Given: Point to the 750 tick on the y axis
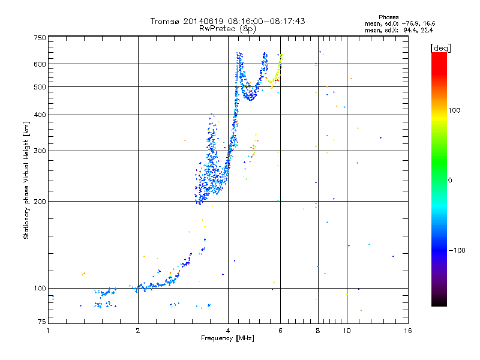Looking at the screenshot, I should [x=40, y=37].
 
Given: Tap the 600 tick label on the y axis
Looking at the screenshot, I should [x=40, y=64].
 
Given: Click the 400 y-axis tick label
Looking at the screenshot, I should [x=40, y=115].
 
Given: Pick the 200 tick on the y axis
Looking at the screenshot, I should [x=40, y=201].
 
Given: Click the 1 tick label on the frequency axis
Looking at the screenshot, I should [x=49, y=331].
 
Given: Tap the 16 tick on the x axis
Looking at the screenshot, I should [x=407, y=331].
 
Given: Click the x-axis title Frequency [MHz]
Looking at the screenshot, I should [x=227, y=338].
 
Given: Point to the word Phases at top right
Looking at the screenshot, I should [x=389, y=17].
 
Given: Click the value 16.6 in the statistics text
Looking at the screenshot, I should [x=430, y=23].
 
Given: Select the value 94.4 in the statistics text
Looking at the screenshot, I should [x=411, y=29].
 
